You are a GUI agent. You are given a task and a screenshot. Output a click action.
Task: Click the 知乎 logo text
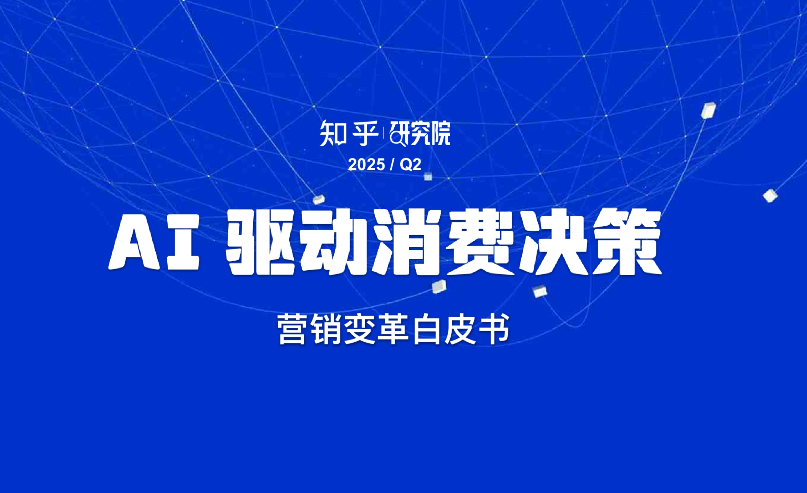pyautogui.click(x=349, y=134)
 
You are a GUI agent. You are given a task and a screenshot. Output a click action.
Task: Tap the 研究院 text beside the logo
pyautogui.click(x=420, y=134)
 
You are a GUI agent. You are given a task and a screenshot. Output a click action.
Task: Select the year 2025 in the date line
pyautogui.click(x=366, y=165)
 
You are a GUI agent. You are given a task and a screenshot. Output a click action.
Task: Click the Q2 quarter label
pyautogui.click(x=410, y=165)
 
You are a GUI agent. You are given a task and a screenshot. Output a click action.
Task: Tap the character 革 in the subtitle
pyautogui.click(x=393, y=329)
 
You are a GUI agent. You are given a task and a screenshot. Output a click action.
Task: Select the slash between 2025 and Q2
pyautogui.click(x=392, y=165)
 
